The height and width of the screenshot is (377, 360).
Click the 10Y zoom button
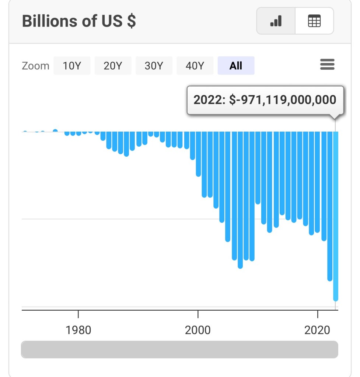pos(72,66)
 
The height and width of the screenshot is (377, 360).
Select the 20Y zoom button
pos(113,66)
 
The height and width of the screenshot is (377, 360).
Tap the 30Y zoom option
pos(154,66)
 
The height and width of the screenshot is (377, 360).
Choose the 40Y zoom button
pos(195,66)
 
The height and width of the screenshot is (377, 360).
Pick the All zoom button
pos(236,66)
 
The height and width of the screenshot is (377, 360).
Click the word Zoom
pos(35,66)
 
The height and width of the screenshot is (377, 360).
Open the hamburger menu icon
pos(327,65)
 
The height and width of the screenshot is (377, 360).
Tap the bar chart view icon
pos(276,21)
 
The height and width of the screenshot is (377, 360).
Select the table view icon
pos(314,21)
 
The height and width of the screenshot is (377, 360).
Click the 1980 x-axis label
pos(78,329)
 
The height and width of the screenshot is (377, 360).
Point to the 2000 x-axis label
pos(198,329)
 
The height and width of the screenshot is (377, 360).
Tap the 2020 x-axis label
pos(317,329)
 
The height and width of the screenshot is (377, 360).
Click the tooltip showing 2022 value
pos(265,100)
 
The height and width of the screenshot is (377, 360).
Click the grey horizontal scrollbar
pos(179,349)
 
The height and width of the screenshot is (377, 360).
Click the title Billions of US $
pos(79,21)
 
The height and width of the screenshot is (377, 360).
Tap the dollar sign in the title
pos(131,21)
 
